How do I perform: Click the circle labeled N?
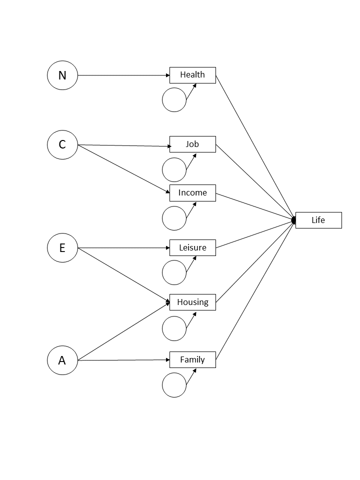62,75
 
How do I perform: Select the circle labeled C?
62,144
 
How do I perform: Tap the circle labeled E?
62,247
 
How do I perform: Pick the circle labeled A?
62,360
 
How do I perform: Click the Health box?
192,75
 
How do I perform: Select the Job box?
192,144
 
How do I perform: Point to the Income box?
192,192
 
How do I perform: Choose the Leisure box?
192,247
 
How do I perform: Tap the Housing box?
192,302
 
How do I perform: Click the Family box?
192,359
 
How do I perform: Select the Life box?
318,220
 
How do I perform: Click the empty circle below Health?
174,100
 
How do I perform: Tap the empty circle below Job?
174,169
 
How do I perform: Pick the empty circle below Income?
174,218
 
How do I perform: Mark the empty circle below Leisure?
174,272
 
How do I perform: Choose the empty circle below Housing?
174,328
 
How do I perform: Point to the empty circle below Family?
174,385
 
